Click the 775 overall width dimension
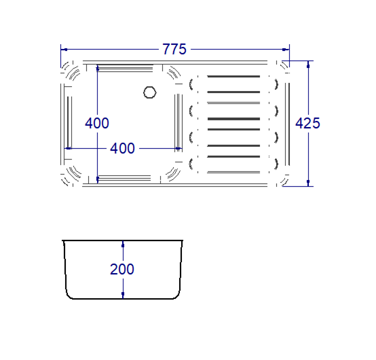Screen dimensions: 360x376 point(175,50)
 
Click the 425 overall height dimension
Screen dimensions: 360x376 point(307,123)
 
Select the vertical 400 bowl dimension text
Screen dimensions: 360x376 point(97,123)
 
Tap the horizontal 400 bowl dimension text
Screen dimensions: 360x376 point(122,148)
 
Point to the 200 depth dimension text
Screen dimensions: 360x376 point(122,269)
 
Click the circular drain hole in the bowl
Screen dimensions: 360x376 point(150,91)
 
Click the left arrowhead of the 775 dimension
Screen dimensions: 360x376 point(64,50)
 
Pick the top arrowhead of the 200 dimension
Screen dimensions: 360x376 point(123,243)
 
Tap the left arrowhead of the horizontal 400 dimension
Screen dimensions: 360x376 point(67,148)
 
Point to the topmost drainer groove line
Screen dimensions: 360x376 point(233,76)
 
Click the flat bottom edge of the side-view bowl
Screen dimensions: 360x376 point(123,300)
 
